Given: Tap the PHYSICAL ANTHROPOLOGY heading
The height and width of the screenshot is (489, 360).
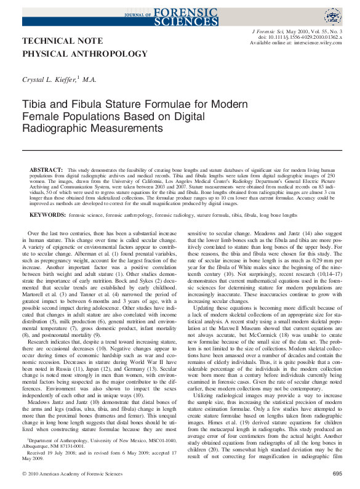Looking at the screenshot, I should click(x=84, y=54).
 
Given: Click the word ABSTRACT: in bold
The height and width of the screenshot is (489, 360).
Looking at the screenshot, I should click(x=46, y=169).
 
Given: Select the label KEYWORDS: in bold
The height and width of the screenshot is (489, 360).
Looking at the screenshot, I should click(x=48, y=215).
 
